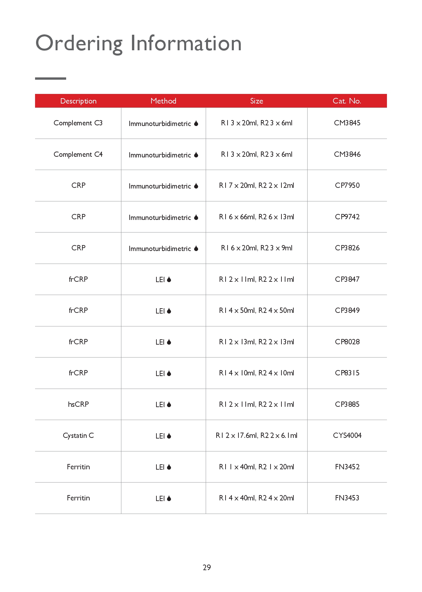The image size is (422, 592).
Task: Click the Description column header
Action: [x=78, y=101]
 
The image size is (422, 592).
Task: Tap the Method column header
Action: [x=163, y=101]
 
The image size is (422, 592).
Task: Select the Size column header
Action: [x=257, y=101]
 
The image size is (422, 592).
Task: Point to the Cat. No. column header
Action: [x=347, y=101]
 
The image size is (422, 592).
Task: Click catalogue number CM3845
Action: [x=347, y=123]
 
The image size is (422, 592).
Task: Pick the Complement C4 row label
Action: [x=78, y=154]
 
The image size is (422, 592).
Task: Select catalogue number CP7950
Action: [x=347, y=186]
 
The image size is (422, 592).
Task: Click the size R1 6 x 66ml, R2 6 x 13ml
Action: [x=257, y=217]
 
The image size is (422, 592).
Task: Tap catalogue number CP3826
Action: [x=347, y=248]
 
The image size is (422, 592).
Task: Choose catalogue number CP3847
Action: [x=347, y=279]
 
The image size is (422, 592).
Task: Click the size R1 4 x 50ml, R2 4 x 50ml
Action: [x=257, y=311]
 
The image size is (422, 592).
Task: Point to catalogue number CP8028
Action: [x=347, y=342]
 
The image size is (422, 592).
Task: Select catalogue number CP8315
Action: [x=347, y=373]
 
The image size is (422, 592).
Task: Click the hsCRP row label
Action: [x=78, y=404]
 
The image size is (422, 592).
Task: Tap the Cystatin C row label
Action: [x=78, y=436]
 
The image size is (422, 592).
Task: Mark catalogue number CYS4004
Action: [x=347, y=436]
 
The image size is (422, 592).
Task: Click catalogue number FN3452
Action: [x=347, y=467]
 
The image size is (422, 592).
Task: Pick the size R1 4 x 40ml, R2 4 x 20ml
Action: [x=257, y=498]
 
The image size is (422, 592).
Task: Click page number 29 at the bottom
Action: [x=207, y=568]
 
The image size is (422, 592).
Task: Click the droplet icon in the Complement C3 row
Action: [x=196, y=123]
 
